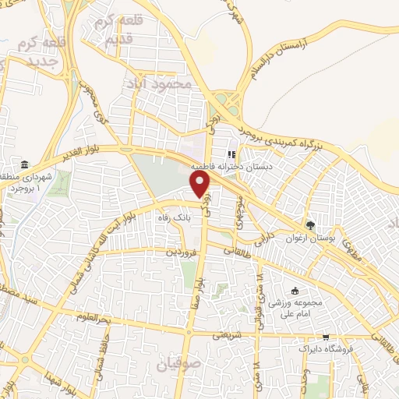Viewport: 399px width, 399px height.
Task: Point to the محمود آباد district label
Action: pyautogui.click(x=162, y=82)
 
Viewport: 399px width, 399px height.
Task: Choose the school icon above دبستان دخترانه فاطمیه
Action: pyautogui.click(x=231, y=153)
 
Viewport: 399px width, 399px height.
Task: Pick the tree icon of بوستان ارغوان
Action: pyautogui.click(x=311, y=225)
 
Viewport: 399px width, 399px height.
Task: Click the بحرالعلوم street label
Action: pyautogui.click(x=76, y=316)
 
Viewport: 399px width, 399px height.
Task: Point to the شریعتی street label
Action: pyautogui.click(x=228, y=336)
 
